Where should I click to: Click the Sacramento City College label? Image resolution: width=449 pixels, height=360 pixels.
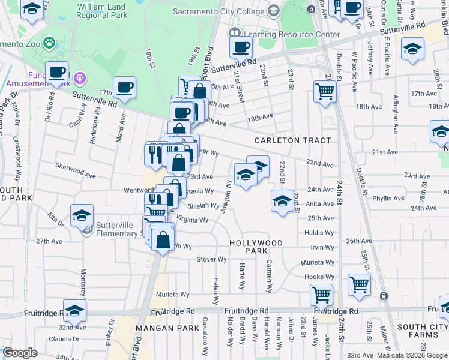(218, 11)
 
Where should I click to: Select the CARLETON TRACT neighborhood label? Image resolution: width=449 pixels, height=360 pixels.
(292, 140)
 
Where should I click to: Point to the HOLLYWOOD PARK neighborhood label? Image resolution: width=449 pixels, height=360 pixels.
(256, 247)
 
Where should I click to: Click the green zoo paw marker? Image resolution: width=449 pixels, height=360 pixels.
(47, 43)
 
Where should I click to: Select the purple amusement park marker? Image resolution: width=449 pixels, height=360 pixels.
(79, 77)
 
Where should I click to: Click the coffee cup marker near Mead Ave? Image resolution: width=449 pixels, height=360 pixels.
(125, 88)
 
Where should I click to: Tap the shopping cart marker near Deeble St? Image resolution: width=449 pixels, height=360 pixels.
(325, 92)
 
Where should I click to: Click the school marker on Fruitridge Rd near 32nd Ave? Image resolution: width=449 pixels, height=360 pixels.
(75, 310)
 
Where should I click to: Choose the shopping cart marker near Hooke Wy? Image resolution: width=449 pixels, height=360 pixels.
(359, 284)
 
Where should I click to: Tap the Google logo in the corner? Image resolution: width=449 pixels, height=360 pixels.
(20, 353)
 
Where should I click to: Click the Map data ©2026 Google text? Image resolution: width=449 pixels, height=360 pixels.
(417, 355)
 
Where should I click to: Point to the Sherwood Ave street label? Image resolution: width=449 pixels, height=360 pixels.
(75, 171)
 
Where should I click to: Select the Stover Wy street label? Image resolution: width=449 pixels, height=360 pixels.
(212, 259)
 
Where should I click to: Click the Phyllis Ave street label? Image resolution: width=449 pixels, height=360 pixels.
(388, 197)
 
